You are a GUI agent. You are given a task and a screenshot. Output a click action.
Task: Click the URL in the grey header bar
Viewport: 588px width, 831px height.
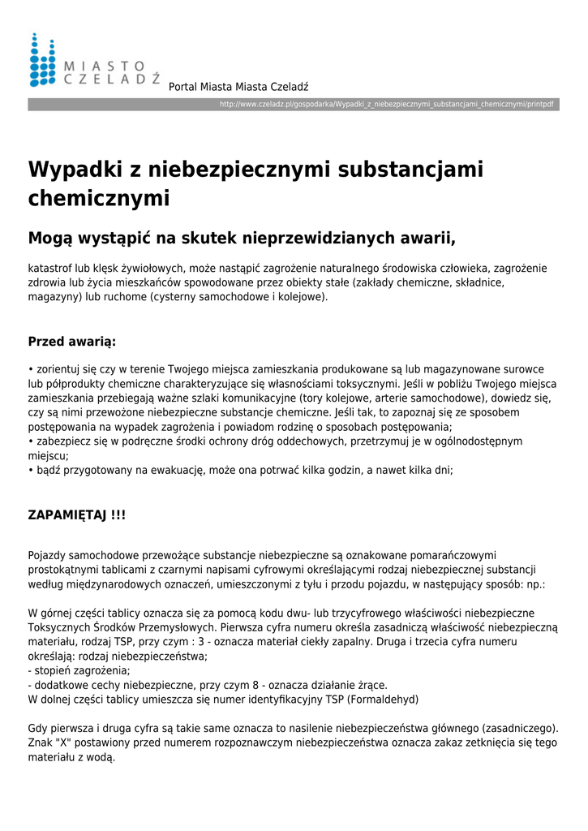pyautogui.click(x=387, y=105)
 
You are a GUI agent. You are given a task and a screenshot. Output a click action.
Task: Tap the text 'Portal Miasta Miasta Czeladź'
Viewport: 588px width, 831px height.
pyautogui.click(x=238, y=87)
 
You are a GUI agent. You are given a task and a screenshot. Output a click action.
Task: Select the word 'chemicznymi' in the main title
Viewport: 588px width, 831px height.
pyautogui.click(x=99, y=198)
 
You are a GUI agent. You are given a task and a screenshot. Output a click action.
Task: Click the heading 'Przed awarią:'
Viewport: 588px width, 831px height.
pyautogui.click(x=72, y=342)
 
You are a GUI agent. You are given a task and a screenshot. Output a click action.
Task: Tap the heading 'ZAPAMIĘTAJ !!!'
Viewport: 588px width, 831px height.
pyautogui.click(x=77, y=515)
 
